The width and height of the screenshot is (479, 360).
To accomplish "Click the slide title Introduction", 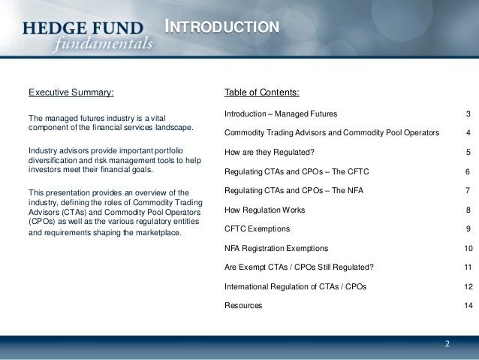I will [222, 28].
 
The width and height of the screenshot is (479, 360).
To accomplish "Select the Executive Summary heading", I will [71, 93].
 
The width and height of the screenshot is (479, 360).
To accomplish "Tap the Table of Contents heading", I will [261, 93].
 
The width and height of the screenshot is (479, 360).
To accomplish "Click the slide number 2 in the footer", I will [447, 344].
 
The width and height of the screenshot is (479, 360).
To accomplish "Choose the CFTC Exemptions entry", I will [257, 228].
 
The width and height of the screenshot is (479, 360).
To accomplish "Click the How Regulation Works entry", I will [264, 210].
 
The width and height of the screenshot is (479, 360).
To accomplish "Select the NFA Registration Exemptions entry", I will [276, 248].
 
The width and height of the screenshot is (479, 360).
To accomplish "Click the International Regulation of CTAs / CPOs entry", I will [295, 286].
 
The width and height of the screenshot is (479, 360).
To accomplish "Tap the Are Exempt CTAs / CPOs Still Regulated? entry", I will [299, 267].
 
